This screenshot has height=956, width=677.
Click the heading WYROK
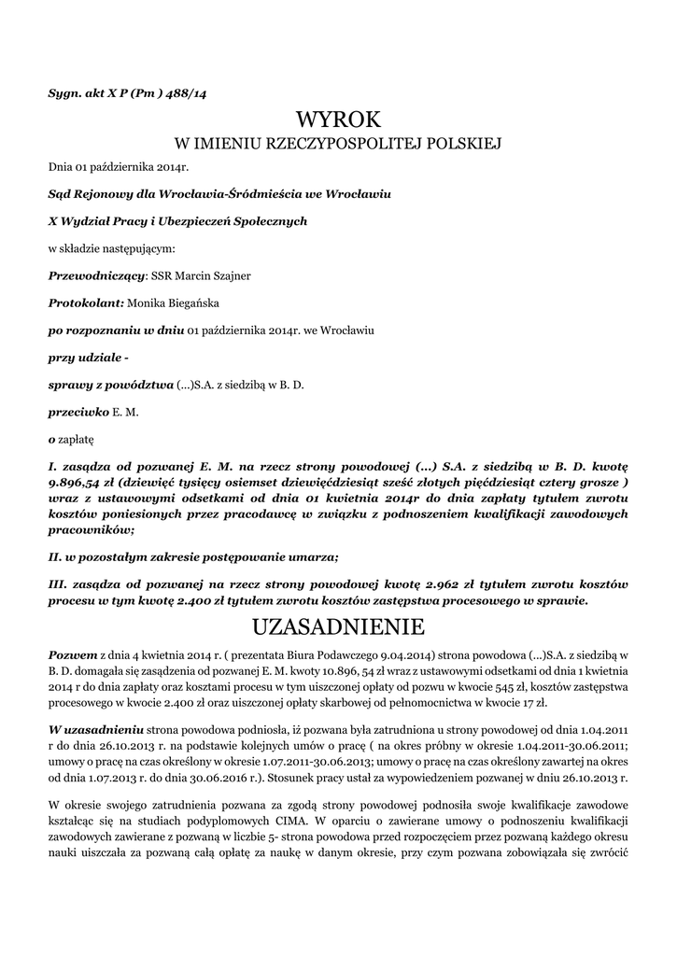pos(338,119)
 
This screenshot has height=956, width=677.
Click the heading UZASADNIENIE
pos(338,624)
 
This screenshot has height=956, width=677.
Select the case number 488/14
pos(190,93)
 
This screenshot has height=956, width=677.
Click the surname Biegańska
pos(191,302)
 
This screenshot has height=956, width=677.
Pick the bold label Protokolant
pos(86,302)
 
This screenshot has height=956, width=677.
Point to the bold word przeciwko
pos(78,410)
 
